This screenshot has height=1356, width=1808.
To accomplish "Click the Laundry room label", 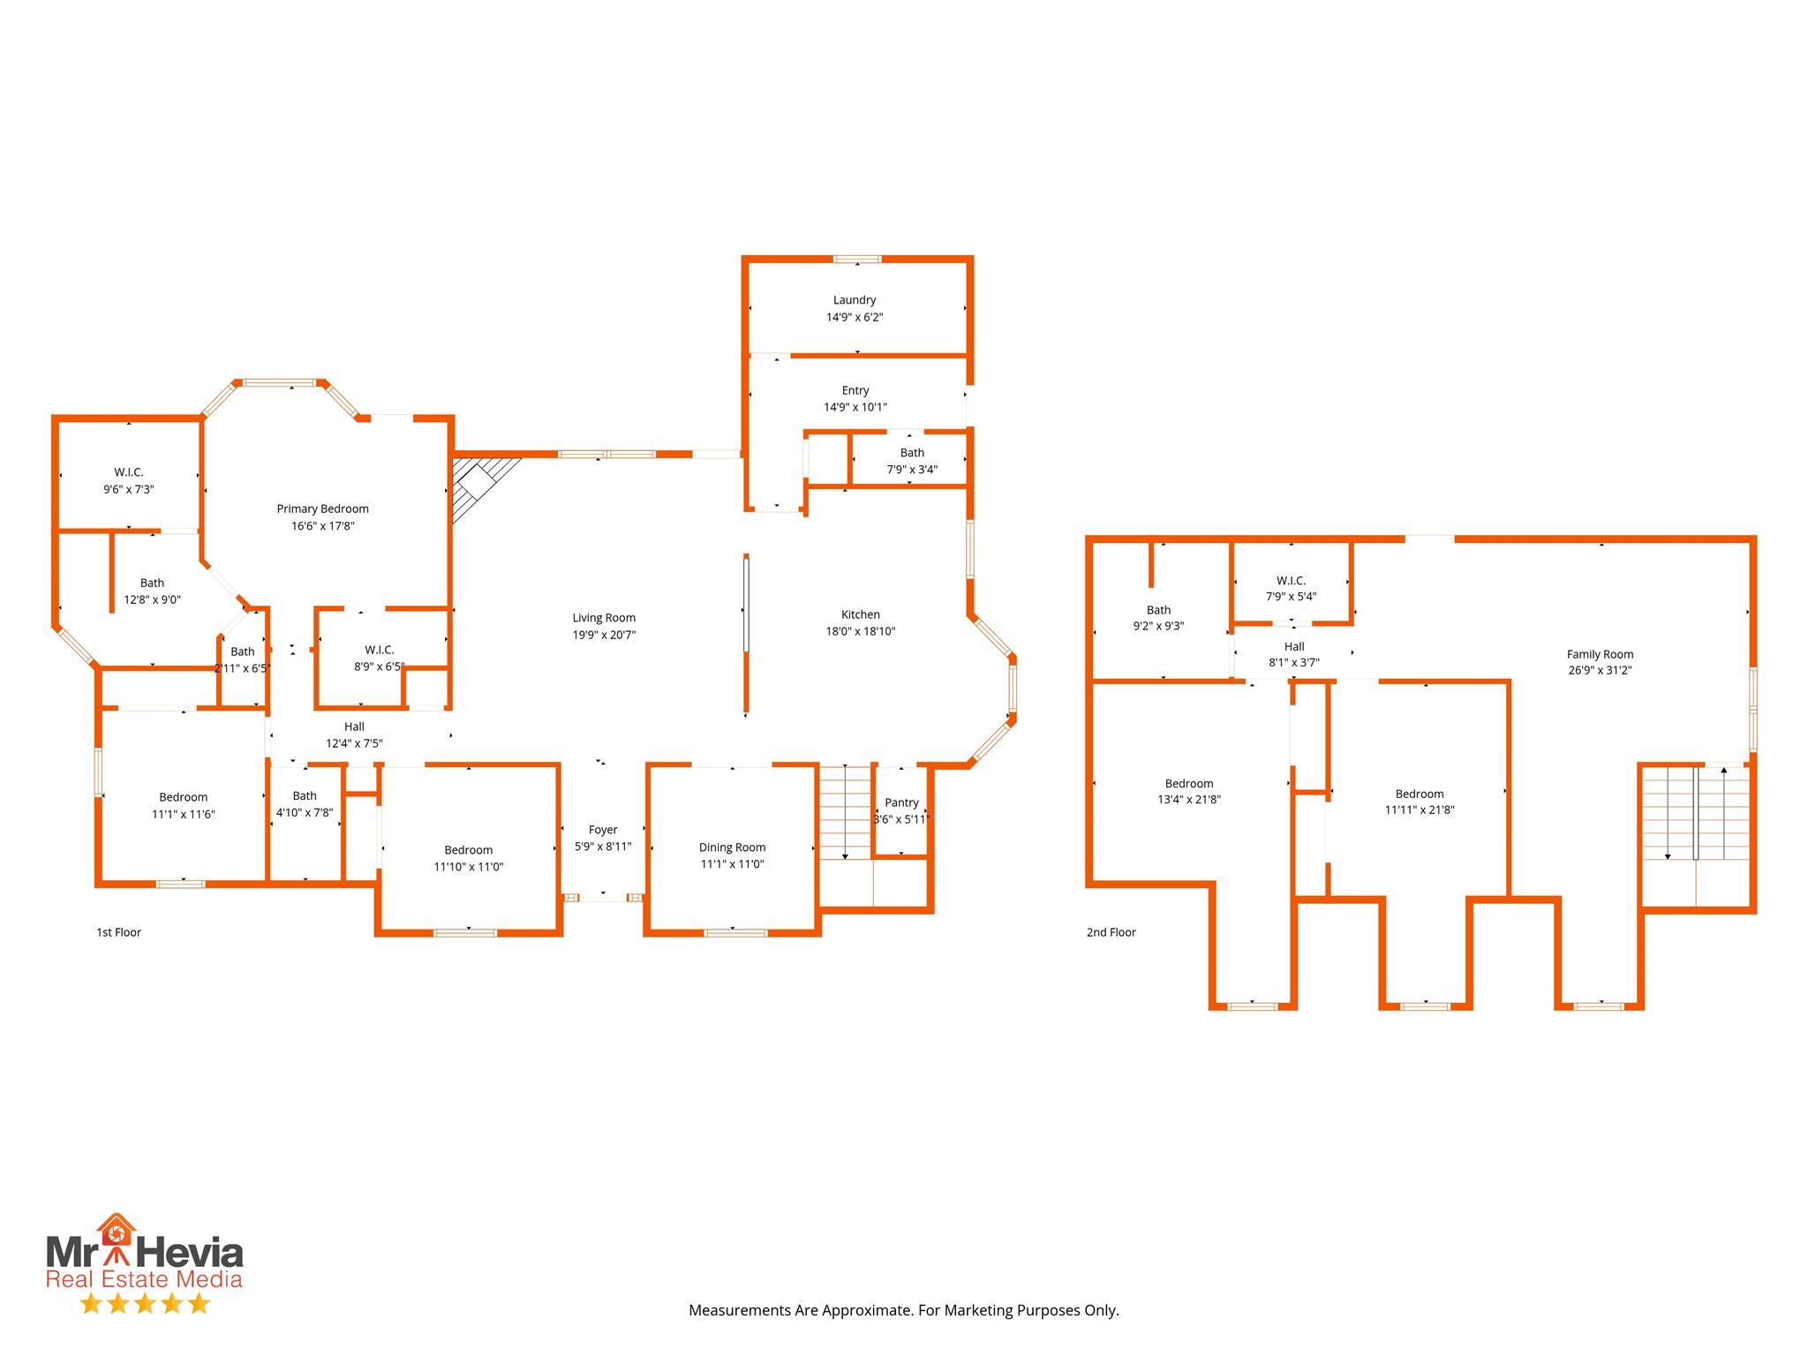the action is coord(855,300).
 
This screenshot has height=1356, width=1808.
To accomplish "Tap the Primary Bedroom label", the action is coord(323,508).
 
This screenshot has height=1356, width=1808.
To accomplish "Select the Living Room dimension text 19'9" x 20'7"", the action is coord(604,635).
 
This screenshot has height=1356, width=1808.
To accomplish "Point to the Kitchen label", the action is coord(861,614).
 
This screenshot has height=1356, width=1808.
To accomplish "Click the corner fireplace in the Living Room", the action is coord(481,487).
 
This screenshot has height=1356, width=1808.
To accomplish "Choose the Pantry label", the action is coord(901,802).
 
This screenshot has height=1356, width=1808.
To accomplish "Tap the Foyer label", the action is coord(603,830).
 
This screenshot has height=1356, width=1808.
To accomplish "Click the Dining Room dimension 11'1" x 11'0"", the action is coord(733,864).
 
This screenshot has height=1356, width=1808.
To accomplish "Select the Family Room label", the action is coord(1601,654).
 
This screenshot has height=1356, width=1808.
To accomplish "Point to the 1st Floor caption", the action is coord(119,932).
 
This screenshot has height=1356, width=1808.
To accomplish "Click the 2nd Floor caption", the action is coord(1111,932).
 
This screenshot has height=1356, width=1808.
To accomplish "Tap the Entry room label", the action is coord(855,390).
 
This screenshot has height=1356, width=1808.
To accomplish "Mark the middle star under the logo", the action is coord(146,1303).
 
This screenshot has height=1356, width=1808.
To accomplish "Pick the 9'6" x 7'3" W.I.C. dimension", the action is coord(129,489).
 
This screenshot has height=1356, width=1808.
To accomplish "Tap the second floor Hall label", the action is coord(1294,646).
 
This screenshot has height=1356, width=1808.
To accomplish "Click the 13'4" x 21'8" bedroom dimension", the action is coord(1189,800).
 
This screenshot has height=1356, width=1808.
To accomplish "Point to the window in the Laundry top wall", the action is coord(857,260).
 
